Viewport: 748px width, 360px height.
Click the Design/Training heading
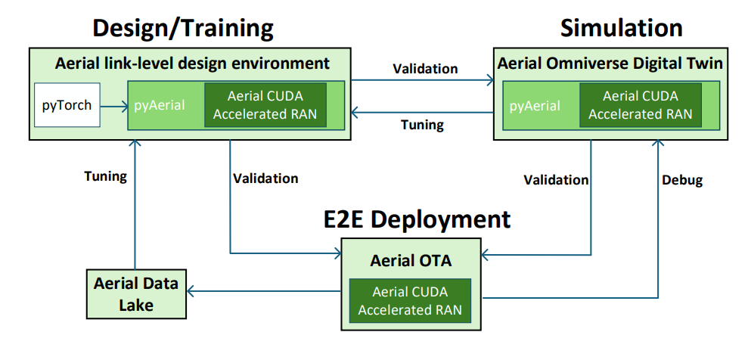(182, 29)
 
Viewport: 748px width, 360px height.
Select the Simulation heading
(621, 29)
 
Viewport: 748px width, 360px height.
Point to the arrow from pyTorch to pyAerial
(113, 106)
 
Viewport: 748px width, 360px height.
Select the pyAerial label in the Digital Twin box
(535, 105)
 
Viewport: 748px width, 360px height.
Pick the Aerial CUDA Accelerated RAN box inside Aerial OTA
(410, 300)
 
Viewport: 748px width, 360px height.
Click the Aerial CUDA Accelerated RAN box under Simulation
(640, 105)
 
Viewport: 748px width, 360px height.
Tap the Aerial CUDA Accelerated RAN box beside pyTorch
(265, 105)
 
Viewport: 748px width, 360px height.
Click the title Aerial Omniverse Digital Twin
(610, 64)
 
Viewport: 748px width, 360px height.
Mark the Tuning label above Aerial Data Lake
(105, 176)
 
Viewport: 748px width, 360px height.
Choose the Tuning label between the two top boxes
(421, 125)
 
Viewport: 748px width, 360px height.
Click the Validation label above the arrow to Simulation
(424, 69)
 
